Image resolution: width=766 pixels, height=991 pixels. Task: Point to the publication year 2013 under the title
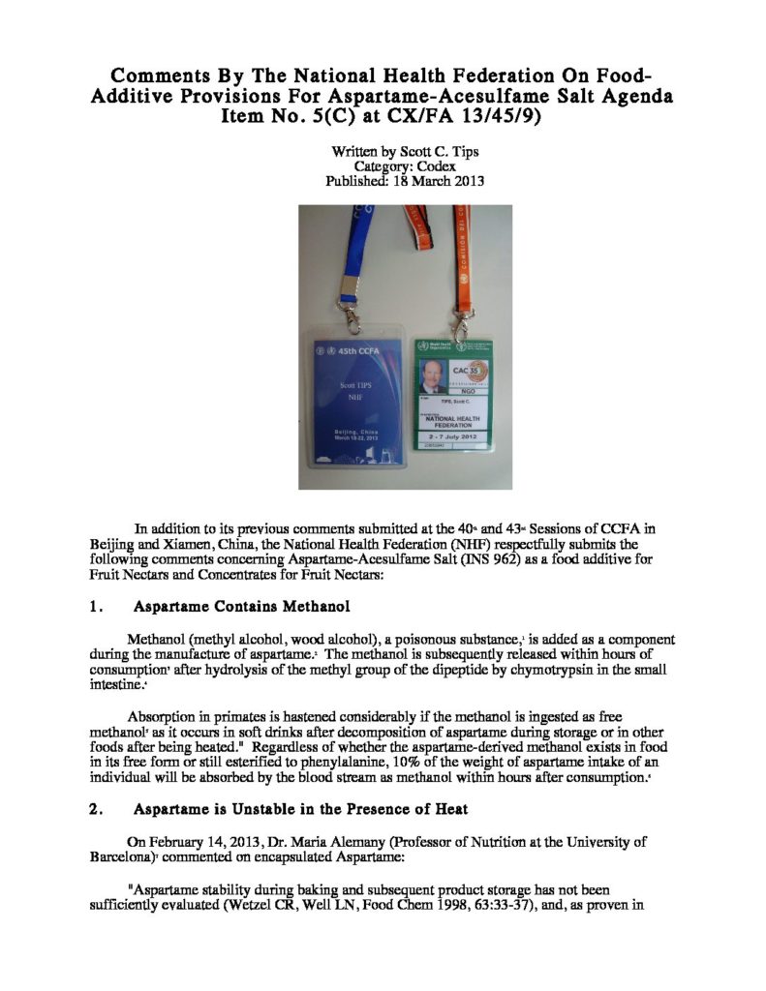pyautogui.click(x=468, y=181)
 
